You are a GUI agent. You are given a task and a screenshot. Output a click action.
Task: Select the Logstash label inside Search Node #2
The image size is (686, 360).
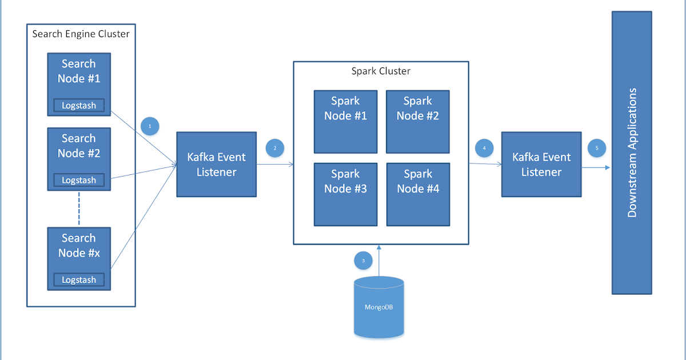pos(79,180)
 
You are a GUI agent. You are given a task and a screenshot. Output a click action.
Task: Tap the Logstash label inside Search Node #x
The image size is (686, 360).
pos(79,279)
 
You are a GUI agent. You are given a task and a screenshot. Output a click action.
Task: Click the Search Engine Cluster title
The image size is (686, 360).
pos(81,34)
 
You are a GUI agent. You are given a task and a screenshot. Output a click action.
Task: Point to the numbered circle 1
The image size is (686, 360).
pos(150,126)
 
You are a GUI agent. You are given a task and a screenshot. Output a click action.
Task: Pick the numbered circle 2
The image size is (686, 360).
pos(275,148)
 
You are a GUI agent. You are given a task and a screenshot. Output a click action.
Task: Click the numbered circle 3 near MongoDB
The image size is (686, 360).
pos(362,261)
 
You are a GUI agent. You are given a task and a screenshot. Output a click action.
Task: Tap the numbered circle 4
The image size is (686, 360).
pos(484,148)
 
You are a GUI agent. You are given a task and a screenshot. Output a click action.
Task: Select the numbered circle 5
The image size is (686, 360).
pos(597,148)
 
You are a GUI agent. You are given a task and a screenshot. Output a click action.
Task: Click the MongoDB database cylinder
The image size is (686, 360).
pos(378,307)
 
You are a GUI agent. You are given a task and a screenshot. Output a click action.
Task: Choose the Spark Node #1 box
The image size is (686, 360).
pos(345,121)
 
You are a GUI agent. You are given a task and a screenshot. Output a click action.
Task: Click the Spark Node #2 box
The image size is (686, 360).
pos(417,121)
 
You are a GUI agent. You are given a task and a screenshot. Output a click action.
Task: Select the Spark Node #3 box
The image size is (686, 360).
pos(345,194)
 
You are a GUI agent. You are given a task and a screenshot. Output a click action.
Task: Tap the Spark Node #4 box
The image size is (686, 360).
pos(417,194)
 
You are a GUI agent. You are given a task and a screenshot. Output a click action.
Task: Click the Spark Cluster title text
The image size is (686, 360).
pos(381,71)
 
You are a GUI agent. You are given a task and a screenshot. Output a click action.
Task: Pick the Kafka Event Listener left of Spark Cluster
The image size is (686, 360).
pos(216,165)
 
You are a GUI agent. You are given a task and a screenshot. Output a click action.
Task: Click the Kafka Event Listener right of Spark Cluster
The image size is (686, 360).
pos(541,165)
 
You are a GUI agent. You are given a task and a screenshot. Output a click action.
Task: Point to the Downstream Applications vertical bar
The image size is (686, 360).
pos(632,153)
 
